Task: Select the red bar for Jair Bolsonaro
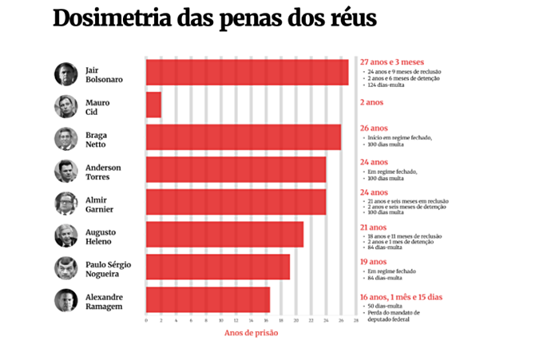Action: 247,73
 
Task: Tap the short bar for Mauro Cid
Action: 153,105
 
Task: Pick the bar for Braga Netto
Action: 243,137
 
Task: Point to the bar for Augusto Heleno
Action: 224,235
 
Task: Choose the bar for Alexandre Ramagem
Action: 208,299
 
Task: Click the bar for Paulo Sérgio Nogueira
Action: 217,267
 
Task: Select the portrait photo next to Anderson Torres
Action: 65,171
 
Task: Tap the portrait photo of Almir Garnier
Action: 65,204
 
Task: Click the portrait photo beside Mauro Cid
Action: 65,106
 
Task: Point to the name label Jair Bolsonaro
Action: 103,74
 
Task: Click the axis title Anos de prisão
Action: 250,333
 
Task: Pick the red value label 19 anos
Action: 374,260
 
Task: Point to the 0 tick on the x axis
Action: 146,320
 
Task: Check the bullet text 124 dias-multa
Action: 389,86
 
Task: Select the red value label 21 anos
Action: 374,227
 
